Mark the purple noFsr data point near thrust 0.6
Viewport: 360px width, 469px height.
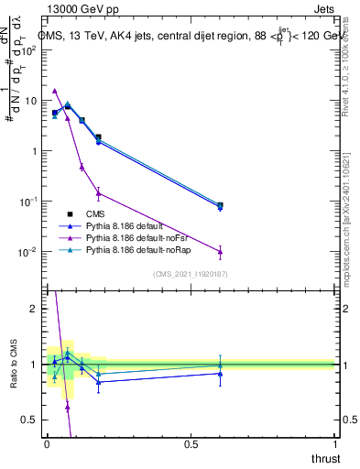(220, 252)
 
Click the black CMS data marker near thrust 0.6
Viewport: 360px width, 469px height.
(220, 205)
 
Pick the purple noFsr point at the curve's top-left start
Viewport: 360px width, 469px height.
(55, 91)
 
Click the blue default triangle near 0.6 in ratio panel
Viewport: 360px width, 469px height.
(220, 373)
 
